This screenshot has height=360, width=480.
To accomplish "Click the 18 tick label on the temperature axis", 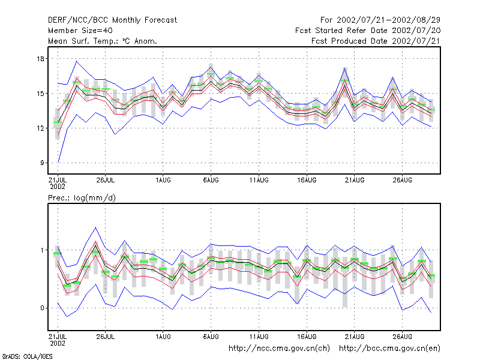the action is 40,59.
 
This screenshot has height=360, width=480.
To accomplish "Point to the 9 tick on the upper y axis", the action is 42,163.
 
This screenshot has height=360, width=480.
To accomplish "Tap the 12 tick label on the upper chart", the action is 40,128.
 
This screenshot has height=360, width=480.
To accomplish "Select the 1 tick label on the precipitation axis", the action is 42,250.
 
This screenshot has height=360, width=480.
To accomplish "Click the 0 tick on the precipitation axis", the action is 42,308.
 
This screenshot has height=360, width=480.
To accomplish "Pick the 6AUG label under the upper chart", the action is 211,181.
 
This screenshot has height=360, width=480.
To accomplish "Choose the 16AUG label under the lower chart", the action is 307,337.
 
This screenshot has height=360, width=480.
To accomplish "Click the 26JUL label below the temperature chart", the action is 106,181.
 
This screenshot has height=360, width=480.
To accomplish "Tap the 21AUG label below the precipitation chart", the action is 355,337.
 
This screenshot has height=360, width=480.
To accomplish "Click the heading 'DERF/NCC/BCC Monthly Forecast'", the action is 113,20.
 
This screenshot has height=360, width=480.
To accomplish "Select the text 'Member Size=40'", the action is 80,31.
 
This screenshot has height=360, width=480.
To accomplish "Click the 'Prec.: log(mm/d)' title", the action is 82,198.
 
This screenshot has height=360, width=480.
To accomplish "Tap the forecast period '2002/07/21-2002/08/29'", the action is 388,20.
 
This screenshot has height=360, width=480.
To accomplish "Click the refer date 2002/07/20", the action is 416,31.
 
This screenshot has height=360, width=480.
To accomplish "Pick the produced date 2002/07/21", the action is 416,41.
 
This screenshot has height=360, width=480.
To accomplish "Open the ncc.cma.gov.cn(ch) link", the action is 279,349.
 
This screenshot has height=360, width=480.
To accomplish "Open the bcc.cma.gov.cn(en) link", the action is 389,349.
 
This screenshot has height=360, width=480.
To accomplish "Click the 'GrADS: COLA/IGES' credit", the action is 27,356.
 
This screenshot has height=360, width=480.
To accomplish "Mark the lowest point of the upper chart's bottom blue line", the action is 58,162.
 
